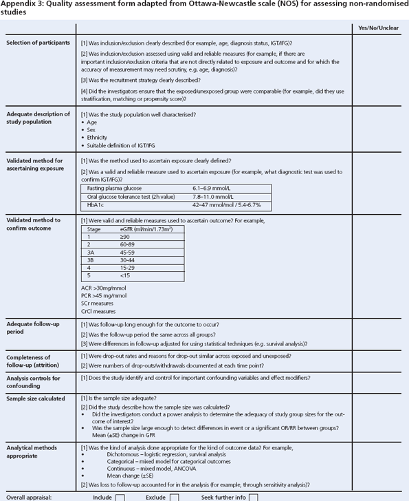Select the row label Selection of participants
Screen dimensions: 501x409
(x=38, y=43)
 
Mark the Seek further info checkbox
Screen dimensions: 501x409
(x=254, y=496)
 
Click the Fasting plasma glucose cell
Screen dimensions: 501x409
(x=111, y=187)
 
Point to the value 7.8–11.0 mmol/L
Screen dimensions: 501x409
(x=219, y=195)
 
